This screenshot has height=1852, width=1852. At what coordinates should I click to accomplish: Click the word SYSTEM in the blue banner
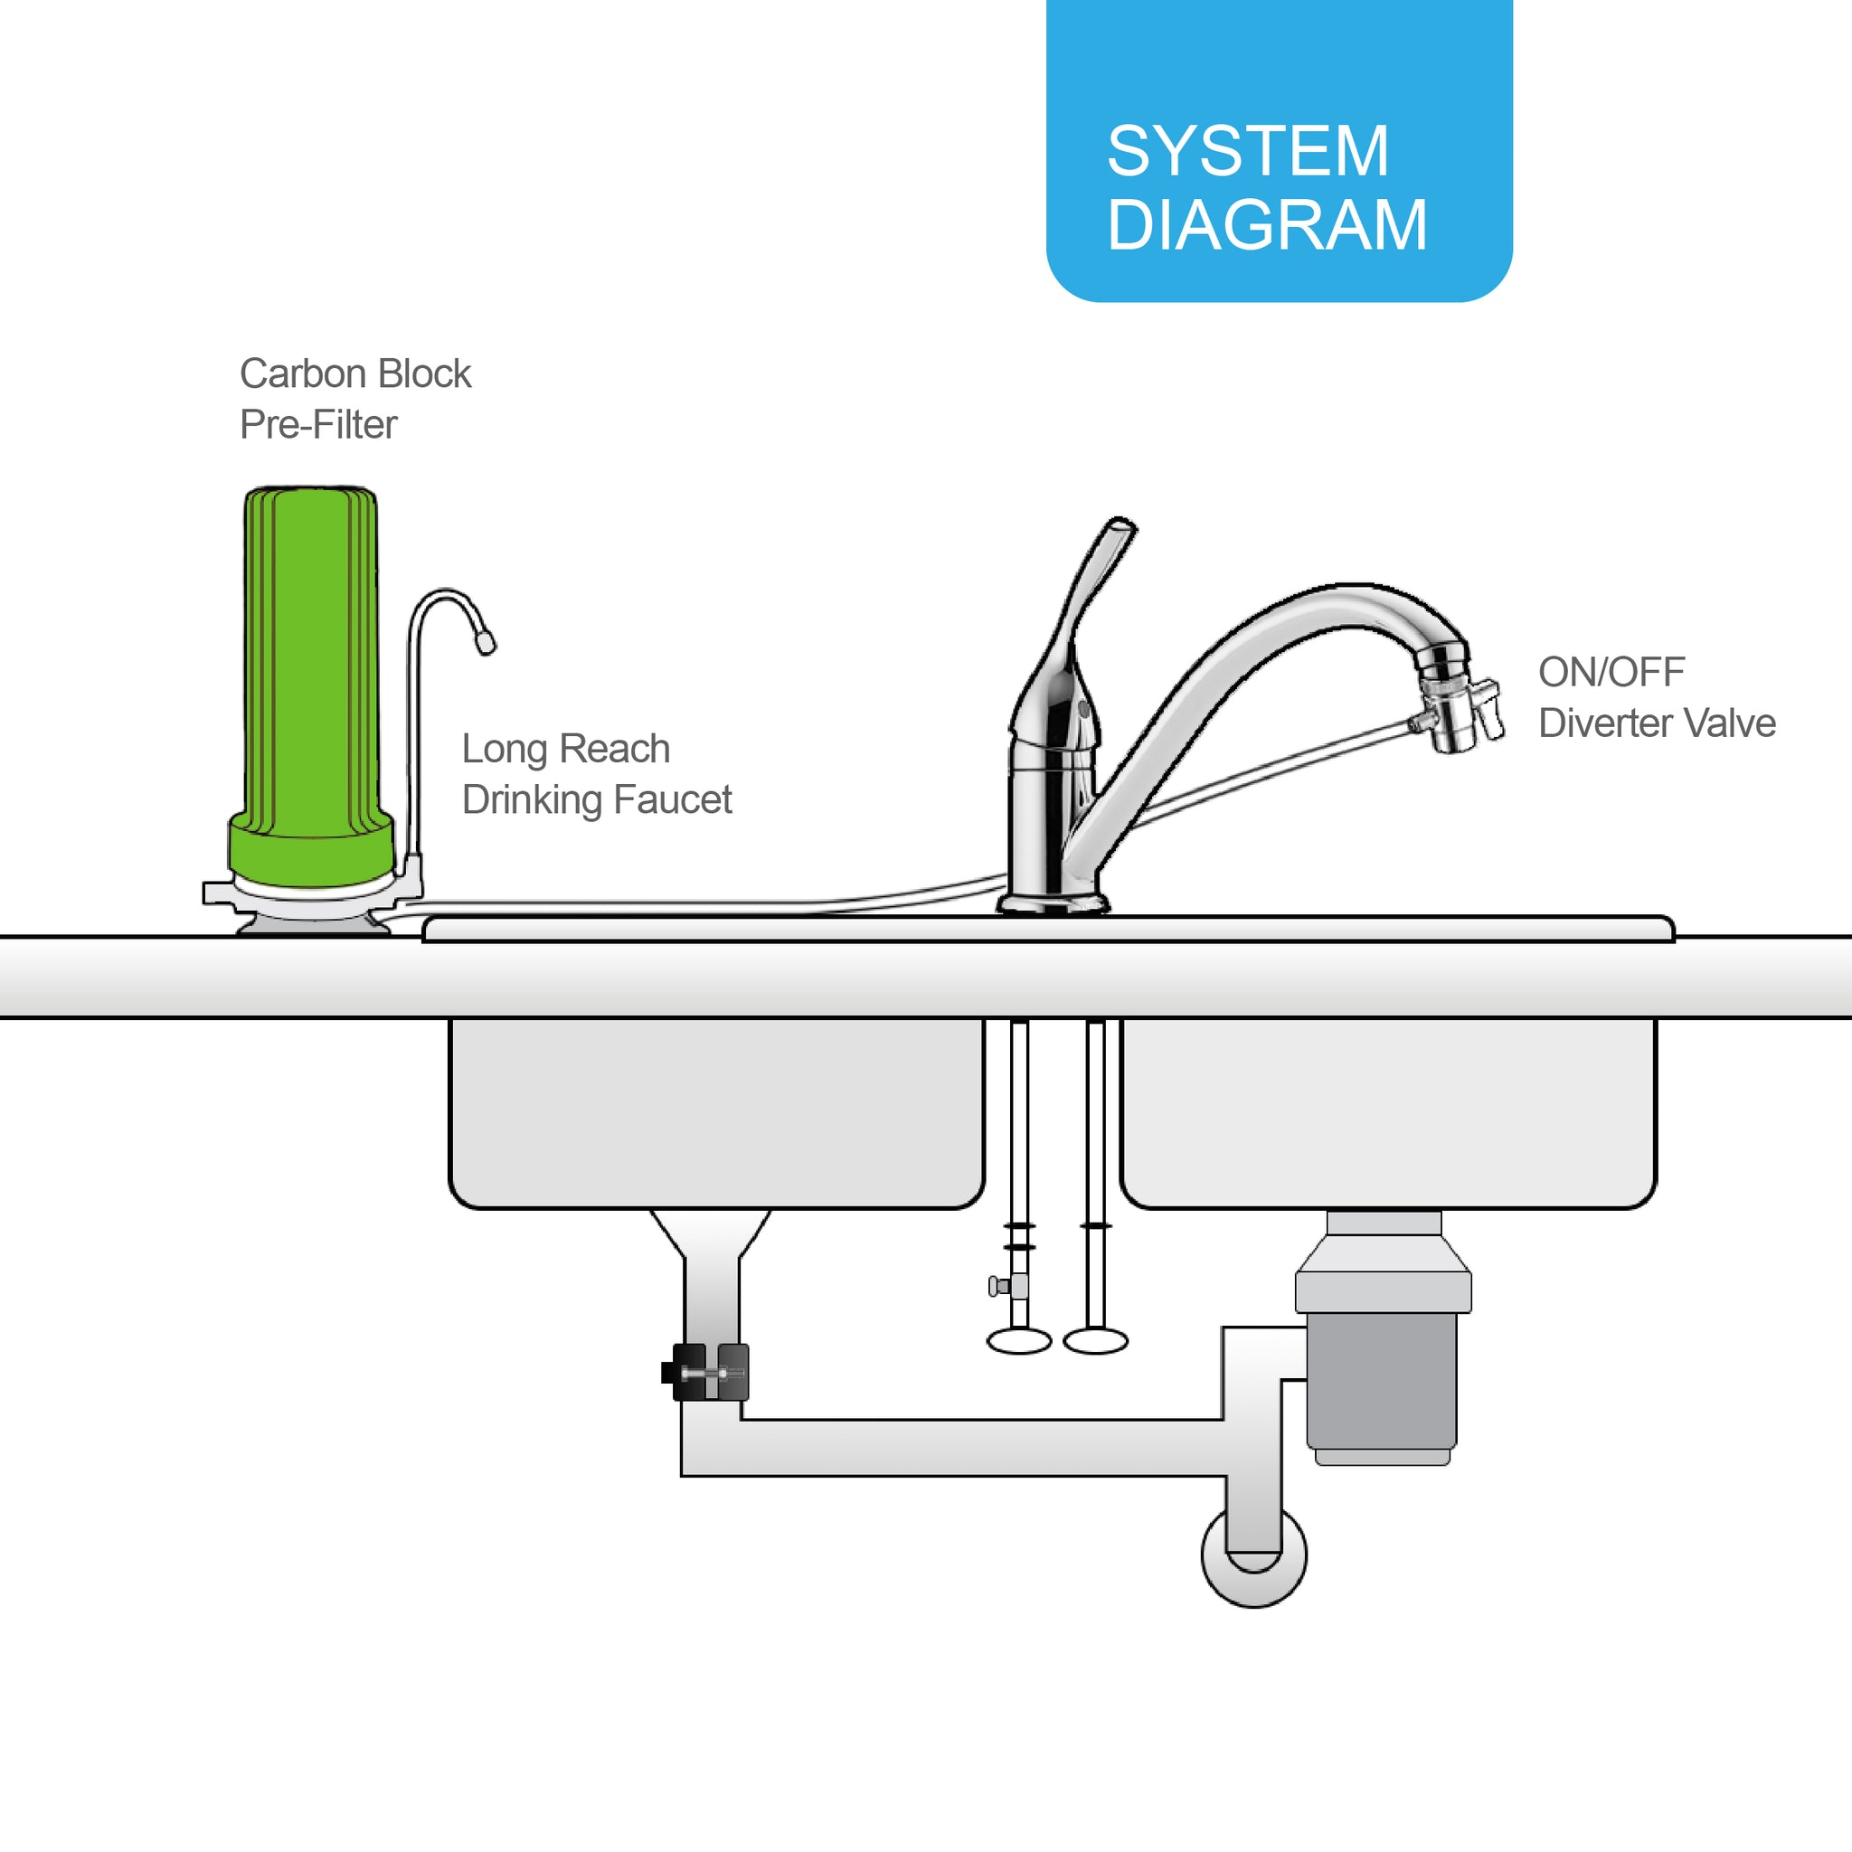[x=1247, y=151]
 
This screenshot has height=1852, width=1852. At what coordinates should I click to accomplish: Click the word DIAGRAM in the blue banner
[x=1267, y=225]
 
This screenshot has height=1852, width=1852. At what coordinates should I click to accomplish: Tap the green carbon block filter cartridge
[x=309, y=686]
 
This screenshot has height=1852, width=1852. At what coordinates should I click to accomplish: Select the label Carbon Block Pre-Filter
[x=354, y=399]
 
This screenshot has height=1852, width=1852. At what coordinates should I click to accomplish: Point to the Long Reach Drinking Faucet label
[x=596, y=773]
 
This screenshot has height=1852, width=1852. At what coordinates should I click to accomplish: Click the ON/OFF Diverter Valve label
[x=1657, y=697]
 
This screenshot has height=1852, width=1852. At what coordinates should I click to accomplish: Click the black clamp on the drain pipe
[x=704, y=1372]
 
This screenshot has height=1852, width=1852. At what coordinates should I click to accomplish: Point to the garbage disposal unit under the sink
[x=1383, y=1337]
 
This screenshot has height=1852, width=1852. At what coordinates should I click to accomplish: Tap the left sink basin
[x=716, y=1113]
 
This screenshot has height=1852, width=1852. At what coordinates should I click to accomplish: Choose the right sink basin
[x=1388, y=1113]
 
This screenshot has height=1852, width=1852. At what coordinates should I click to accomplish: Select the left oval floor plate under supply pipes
[x=1019, y=1341]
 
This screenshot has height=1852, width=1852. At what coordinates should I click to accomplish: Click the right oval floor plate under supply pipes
[x=1096, y=1341]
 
